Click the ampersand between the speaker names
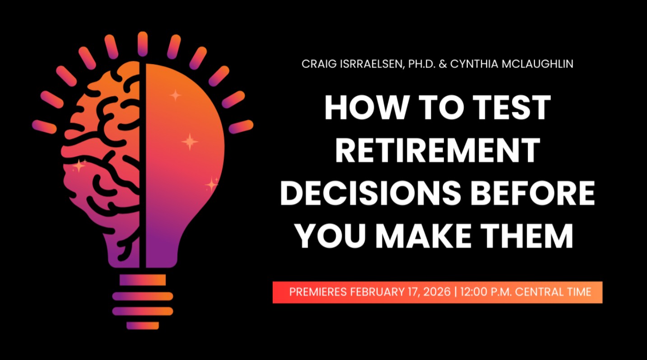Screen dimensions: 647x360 coord(442,64)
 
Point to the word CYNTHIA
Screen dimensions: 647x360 coord(474,64)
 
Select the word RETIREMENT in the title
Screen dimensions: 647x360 coord(438,150)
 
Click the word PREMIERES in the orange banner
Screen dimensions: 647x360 coord(318,292)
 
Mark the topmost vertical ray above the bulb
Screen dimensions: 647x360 coord(143,44)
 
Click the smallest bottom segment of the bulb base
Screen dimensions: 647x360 coord(143,326)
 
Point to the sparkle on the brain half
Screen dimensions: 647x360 coord(79,166)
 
